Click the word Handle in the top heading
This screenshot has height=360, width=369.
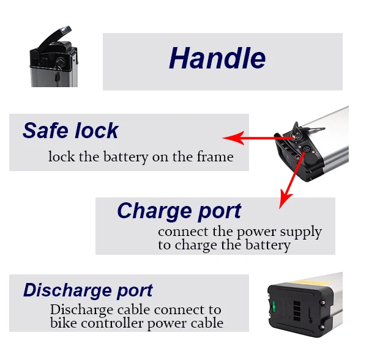pos(217,59)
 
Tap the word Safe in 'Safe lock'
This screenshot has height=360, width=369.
pos(45,131)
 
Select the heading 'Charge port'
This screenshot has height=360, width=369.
pos(179,211)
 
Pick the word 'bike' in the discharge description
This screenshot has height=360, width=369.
pos(62,323)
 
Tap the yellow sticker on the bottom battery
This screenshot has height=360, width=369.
pos(313,277)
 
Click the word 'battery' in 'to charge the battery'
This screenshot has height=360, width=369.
pos(267,246)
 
